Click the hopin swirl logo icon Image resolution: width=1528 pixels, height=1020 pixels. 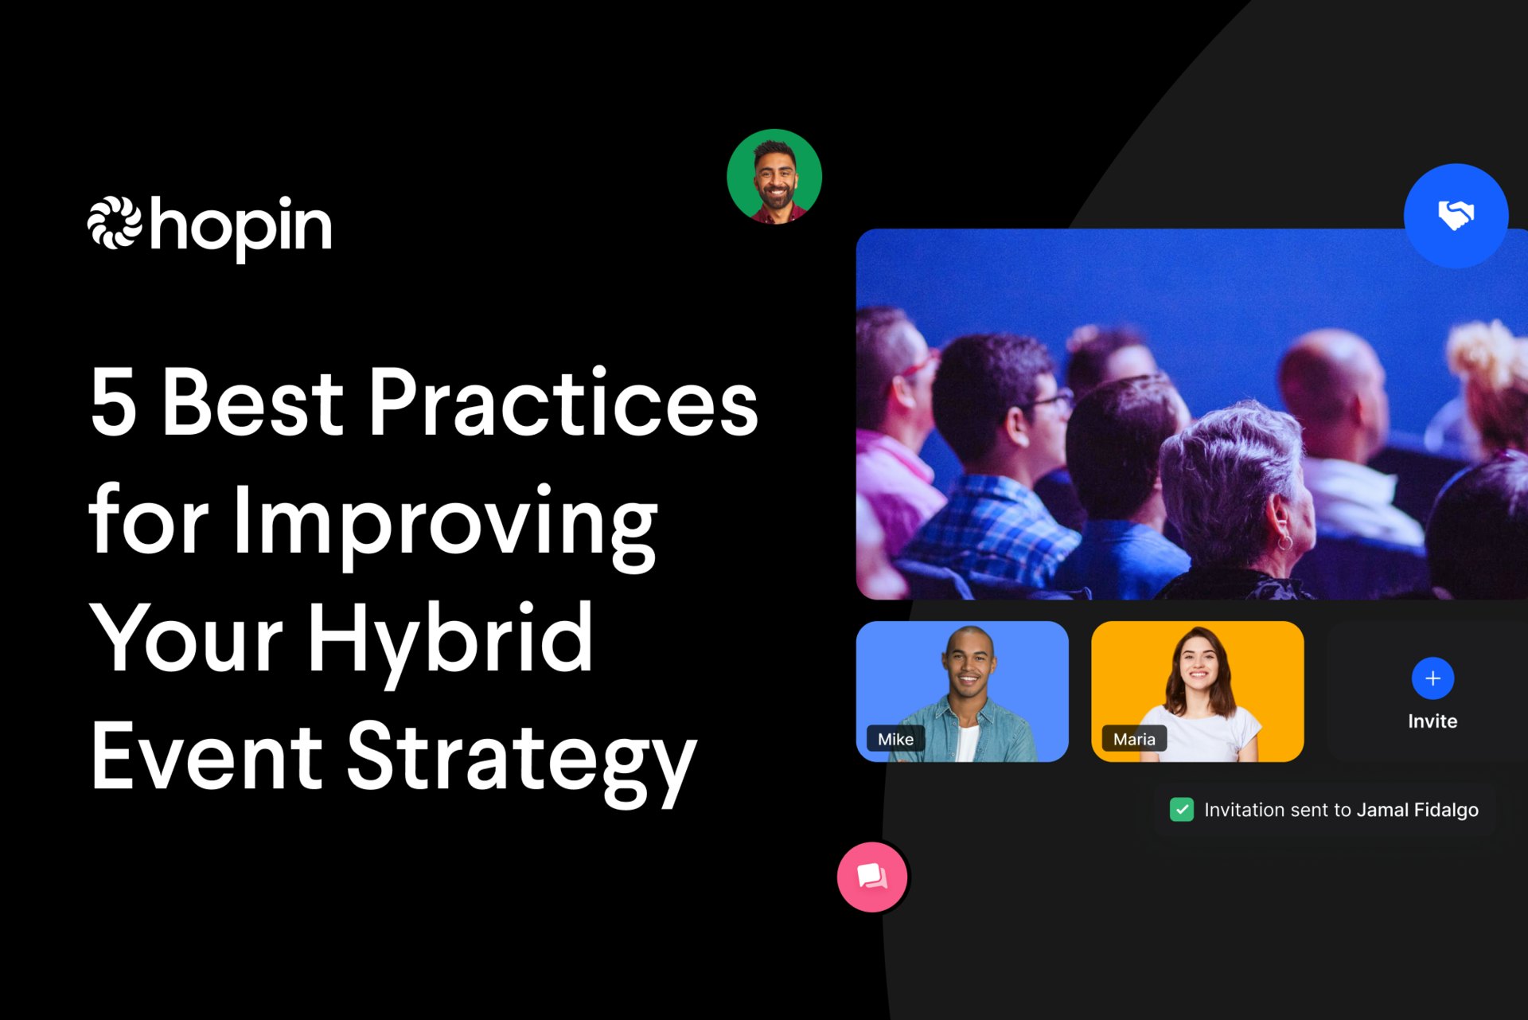(115, 222)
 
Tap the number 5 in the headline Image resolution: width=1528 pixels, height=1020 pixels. (113, 402)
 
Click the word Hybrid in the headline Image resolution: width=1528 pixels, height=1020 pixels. (450, 640)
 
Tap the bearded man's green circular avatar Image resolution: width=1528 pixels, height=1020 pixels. (774, 177)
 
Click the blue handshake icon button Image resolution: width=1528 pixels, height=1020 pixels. (1456, 215)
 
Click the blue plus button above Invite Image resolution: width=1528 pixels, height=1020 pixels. (1432, 678)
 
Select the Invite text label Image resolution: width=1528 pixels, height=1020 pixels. (1432, 721)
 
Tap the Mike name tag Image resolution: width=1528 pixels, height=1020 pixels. (895, 739)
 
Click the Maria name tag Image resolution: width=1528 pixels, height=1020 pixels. (1134, 739)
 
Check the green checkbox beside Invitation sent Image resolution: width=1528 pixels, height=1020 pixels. (1182, 810)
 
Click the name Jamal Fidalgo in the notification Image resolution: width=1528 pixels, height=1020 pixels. (1417, 810)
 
